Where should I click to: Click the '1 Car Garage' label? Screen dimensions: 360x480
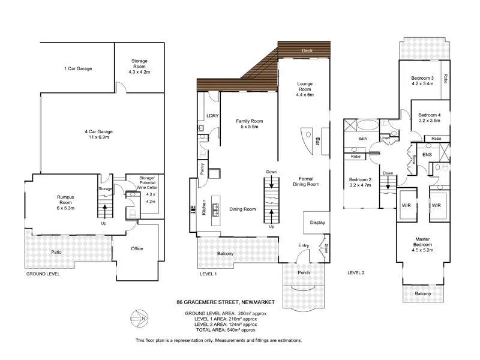[78, 69]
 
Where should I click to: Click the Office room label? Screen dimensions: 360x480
[137, 248]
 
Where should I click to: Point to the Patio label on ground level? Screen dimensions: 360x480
[56, 252]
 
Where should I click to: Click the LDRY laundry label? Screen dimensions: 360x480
[211, 115]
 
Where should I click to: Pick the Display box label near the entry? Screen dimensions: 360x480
[317, 223]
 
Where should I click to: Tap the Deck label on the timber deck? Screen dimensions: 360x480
[308, 50]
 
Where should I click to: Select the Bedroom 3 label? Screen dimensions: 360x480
[422, 81]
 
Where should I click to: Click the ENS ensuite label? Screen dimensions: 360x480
[427, 155]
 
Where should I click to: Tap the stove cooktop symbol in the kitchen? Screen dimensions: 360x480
[193, 210]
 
